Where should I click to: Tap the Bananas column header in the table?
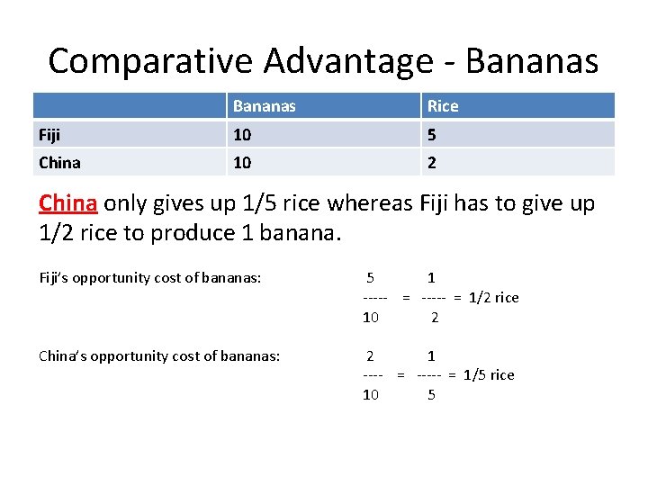264,106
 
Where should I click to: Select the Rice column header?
442,106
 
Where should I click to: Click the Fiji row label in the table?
50,134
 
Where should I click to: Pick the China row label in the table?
59,162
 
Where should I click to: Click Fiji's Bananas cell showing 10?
242,134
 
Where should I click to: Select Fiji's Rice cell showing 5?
432,134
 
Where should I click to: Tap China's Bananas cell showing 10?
242,162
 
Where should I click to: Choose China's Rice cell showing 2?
432,162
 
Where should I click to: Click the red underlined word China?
68,202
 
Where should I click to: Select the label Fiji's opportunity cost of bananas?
150,277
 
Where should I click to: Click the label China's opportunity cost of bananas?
159,355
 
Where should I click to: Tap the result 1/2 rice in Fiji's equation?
494,297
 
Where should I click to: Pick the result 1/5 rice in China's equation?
489,374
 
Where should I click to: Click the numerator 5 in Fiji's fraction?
371,278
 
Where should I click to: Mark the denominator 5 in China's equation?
431,394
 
